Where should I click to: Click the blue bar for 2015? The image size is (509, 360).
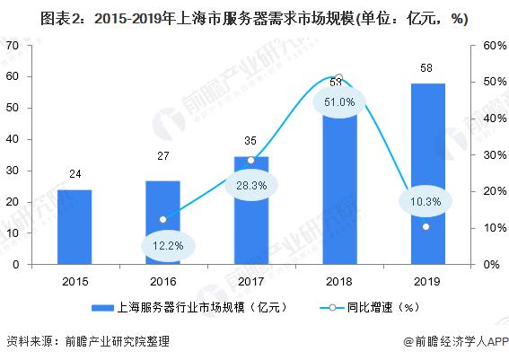[x=75, y=227]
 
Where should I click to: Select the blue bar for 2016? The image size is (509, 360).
[x=162, y=223]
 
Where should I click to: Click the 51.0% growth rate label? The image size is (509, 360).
[x=338, y=102]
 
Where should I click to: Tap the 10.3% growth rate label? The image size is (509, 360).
[x=426, y=202]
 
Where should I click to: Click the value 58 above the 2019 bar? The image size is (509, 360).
[x=426, y=68]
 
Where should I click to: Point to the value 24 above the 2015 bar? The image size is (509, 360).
[x=75, y=174]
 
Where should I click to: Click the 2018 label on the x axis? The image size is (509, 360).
[x=338, y=279]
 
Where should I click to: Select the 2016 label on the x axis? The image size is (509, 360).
[x=162, y=279]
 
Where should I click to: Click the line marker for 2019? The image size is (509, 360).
[x=426, y=226]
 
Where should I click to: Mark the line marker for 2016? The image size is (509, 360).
[x=162, y=219]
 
